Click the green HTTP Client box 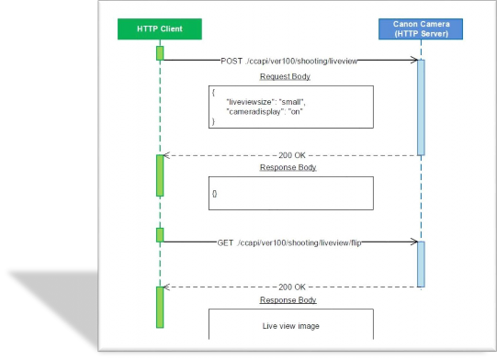[x=159, y=29]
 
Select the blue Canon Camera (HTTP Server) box [x=421, y=29]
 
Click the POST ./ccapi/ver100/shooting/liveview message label [x=289, y=60]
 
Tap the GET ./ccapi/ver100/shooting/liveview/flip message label [x=289, y=242]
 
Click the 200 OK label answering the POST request [x=291, y=155]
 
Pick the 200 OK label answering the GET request [x=291, y=286]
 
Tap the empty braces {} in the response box [x=215, y=194]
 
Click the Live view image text [x=289, y=326]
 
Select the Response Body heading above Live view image [x=289, y=300]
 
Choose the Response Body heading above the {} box [x=289, y=169]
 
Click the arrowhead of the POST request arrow [x=413, y=61]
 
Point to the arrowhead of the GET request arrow [x=413, y=242]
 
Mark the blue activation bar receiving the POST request [x=421, y=107]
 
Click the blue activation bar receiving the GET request [x=421, y=263]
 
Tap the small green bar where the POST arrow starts [x=160, y=53]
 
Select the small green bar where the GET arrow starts [x=160, y=235]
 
